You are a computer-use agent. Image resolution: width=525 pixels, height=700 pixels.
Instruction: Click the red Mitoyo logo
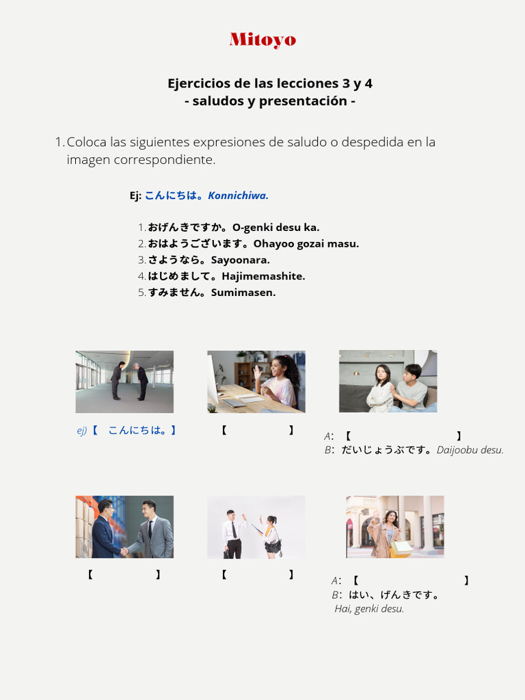pos(262,40)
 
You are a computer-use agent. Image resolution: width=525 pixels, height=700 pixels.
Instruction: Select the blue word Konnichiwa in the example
pos(238,196)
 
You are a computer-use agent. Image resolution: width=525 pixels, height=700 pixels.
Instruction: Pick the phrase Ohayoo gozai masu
pos(306,243)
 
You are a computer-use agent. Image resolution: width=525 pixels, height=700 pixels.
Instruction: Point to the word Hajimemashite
pos(263,276)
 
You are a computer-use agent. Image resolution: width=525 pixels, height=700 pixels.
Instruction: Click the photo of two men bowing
pos(124,381)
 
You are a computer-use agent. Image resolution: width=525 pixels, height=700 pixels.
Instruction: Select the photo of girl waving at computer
pos(256,381)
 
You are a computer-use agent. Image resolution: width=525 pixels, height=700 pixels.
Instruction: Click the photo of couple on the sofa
pos(388,381)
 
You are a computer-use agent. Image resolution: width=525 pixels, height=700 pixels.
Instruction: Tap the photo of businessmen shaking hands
pos(124,527)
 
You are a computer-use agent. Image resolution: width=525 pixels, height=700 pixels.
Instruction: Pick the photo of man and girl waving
pos(256,527)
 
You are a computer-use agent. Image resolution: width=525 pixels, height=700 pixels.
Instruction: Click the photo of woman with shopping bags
pos(395,527)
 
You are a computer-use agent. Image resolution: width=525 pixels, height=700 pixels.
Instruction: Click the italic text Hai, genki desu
pos(369,608)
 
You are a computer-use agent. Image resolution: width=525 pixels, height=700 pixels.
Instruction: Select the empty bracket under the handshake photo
pos(124,575)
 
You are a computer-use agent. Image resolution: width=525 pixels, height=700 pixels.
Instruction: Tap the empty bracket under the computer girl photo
pos(257,430)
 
